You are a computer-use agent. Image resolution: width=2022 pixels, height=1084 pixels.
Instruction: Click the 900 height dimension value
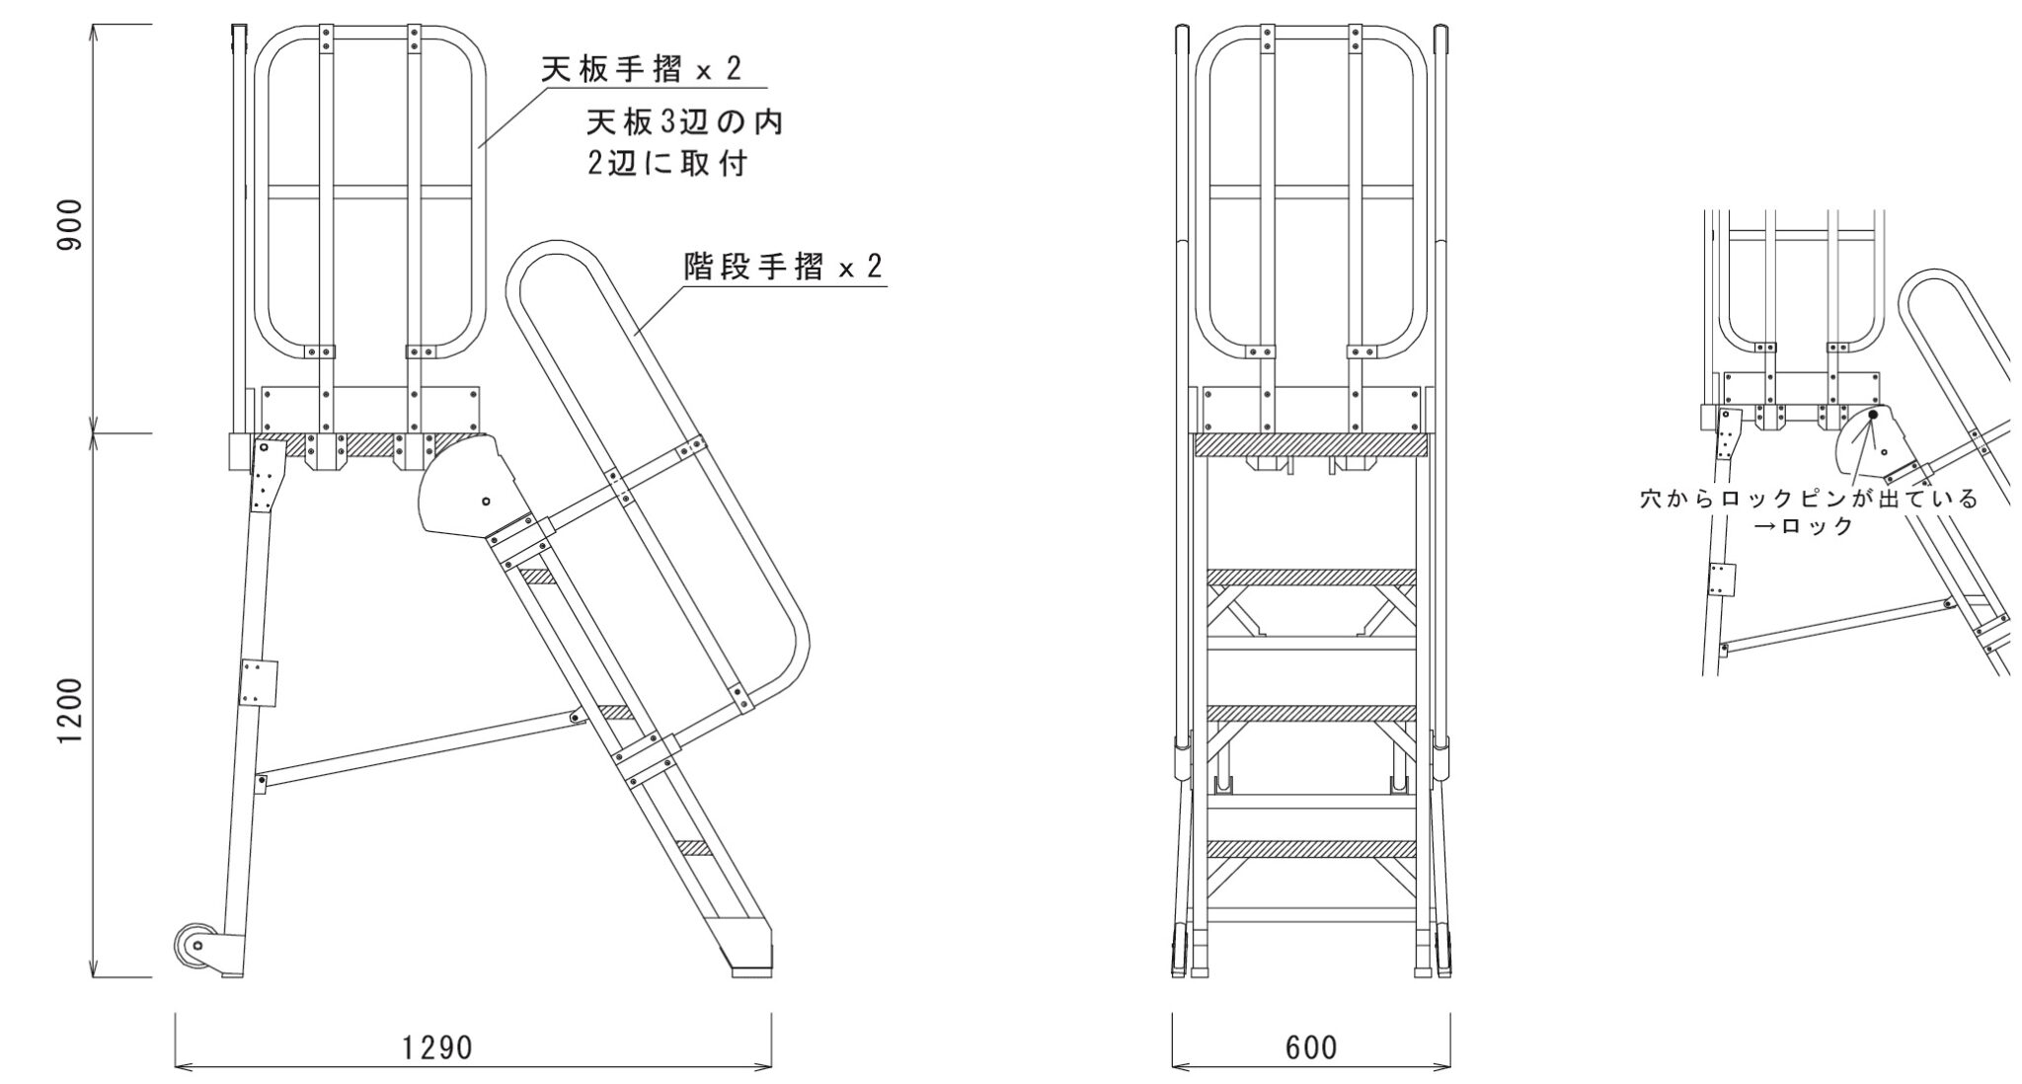(x=70, y=225)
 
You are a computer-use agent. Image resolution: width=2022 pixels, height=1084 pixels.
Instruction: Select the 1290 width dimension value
(x=438, y=1047)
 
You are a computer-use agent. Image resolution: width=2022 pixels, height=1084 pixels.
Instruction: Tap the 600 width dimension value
(x=1311, y=1047)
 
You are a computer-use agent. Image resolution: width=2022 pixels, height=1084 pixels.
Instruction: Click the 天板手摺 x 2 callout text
(x=641, y=69)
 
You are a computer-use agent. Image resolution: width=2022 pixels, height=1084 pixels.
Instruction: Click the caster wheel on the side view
(x=194, y=947)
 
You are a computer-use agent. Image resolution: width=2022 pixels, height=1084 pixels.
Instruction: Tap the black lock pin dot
(x=1873, y=415)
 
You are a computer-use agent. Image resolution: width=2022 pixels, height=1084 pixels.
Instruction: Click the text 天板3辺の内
(x=684, y=122)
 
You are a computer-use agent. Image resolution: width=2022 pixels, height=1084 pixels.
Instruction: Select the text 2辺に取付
(x=667, y=164)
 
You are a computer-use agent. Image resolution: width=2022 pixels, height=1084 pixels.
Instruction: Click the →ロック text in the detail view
(x=1803, y=526)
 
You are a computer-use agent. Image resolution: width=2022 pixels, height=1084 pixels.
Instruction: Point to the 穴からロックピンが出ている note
(x=1809, y=499)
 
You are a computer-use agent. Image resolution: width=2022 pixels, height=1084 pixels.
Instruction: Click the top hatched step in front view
(x=1311, y=577)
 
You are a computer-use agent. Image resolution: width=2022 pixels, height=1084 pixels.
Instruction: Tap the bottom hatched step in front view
(x=1311, y=848)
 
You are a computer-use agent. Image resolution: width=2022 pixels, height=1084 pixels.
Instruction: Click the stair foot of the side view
(x=752, y=959)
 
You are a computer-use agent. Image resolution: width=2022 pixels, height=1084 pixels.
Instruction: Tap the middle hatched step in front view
(x=1311, y=713)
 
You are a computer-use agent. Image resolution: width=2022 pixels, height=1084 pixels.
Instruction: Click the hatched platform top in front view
(x=1311, y=445)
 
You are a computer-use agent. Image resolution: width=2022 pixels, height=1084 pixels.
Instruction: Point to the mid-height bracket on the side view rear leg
(x=259, y=682)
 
